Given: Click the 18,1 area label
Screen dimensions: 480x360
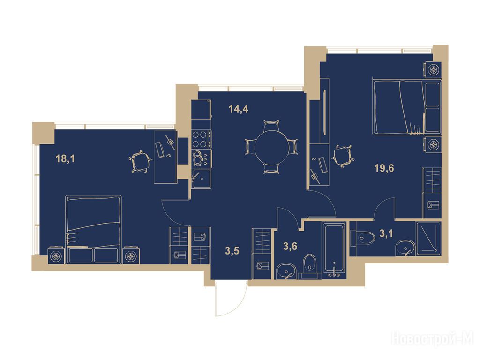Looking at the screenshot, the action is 65,159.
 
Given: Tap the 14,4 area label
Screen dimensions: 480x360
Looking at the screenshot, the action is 239,109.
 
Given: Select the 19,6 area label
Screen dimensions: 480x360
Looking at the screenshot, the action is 384,168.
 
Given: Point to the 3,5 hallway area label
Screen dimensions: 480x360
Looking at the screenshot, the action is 232,251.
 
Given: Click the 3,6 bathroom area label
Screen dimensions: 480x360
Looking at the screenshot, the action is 290,246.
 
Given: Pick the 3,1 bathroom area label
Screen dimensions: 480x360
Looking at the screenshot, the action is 386,233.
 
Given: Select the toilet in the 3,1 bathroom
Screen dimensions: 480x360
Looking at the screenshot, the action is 363,238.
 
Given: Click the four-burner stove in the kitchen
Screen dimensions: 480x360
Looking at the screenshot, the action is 201,139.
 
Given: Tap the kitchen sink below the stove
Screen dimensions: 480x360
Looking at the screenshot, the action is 201,179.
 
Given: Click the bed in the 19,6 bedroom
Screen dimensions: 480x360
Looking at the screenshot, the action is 407,107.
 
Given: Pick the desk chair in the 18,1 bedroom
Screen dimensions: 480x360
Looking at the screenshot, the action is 140,161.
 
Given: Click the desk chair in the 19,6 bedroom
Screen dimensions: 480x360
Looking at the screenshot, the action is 343,157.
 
